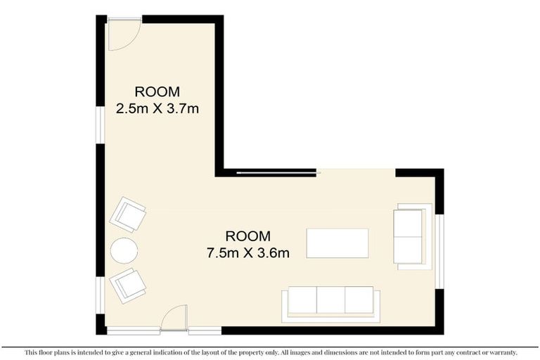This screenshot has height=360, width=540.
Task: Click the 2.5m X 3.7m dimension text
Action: (x=157, y=108)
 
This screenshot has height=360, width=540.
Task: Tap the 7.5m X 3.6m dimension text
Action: (x=247, y=252)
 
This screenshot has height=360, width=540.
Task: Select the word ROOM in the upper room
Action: (x=157, y=91)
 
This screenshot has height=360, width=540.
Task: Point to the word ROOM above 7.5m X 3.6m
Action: (x=247, y=236)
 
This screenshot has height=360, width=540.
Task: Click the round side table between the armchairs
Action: (x=124, y=250)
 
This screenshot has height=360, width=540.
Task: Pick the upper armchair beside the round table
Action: (x=129, y=214)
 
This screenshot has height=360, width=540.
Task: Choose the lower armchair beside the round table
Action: (x=128, y=285)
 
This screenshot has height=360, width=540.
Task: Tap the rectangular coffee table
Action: (x=337, y=243)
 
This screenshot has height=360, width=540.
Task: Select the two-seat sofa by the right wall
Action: (x=411, y=236)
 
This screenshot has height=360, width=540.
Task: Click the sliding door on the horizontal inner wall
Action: (x=278, y=171)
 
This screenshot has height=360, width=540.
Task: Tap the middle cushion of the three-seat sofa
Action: (x=330, y=300)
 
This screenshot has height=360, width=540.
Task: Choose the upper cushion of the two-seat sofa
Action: (x=408, y=224)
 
